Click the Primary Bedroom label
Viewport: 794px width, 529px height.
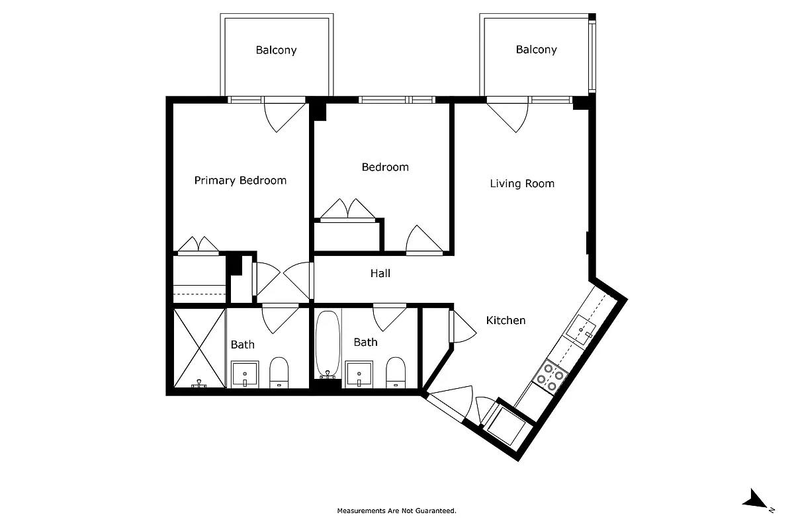(240, 181)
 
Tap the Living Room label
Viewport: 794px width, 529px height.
(522, 184)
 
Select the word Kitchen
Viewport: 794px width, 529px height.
(506, 321)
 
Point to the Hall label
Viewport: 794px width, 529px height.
(380, 273)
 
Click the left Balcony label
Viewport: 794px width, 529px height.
(276, 50)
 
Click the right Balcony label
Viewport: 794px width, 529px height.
(536, 50)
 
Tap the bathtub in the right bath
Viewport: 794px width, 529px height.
(328, 345)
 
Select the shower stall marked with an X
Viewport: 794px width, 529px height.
(199, 348)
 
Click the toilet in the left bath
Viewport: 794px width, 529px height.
(279, 372)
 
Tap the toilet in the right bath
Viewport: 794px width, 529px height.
(395, 372)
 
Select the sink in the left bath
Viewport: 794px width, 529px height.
(245, 374)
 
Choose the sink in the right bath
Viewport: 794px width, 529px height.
(359, 374)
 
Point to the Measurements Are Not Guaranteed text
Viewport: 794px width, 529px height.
(396, 510)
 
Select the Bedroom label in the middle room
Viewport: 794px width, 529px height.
(384, 167)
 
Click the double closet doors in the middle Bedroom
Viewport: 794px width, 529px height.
(348, 208)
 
